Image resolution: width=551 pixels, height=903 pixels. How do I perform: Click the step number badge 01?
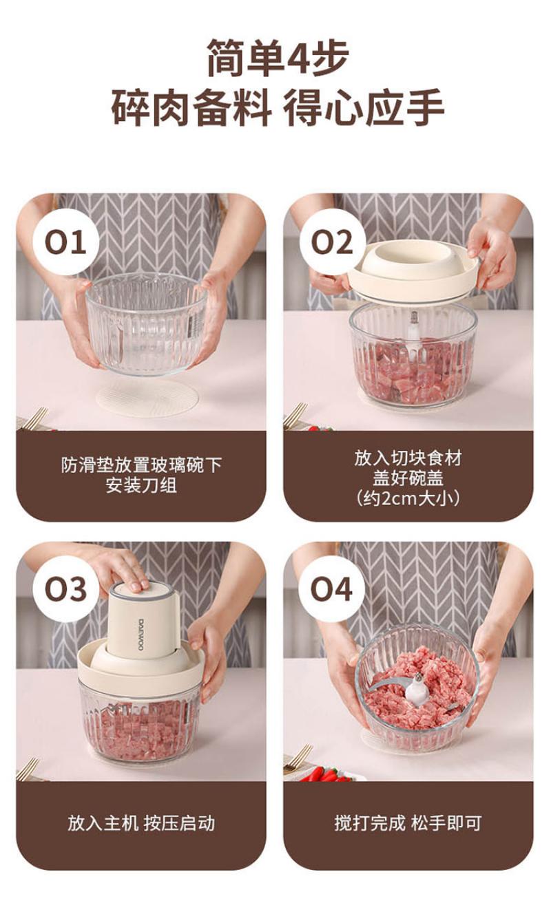[x=65, y=242]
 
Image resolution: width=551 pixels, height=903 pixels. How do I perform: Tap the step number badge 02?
[x=333, y=242]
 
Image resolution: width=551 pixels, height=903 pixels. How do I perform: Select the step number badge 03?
[x=65, y=589]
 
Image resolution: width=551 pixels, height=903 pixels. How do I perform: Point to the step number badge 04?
[x=331, y=589]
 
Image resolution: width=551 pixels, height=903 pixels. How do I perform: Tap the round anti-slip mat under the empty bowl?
[x=148, y=397]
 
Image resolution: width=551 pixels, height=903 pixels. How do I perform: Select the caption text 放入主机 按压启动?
[x=141, y=823]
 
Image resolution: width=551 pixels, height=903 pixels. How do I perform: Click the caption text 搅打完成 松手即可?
[x=408, y=823]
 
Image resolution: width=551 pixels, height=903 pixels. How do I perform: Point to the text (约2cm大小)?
[x=408, y=500]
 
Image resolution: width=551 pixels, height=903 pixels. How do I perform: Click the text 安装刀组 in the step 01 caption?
[x=141, y=485]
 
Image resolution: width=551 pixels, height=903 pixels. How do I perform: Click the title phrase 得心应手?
[x=363, y=108]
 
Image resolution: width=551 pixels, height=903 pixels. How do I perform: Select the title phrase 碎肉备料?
[x=191, y=108]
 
